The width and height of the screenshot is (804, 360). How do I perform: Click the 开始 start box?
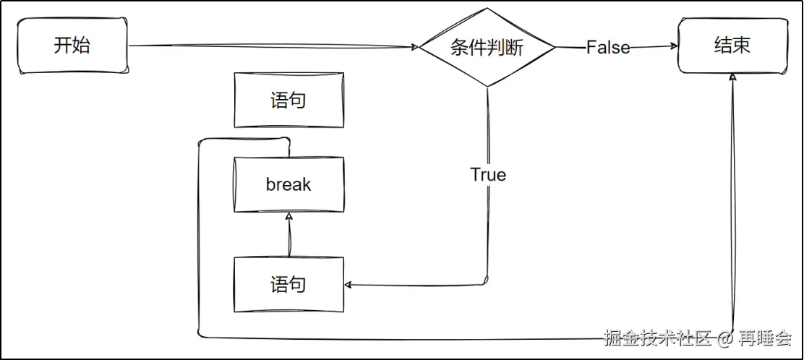72,46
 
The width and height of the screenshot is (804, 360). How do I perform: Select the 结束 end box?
732,46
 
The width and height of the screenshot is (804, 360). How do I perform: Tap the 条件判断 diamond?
487,48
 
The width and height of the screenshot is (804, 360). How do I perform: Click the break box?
288,185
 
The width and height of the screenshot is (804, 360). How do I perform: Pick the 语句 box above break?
288,100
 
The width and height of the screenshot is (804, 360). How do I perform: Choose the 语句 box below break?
288,285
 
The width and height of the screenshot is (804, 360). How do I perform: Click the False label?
607,48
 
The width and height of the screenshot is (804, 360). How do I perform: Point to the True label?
488,175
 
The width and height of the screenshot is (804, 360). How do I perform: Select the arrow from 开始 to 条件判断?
275,47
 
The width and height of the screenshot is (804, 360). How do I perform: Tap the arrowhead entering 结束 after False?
675,46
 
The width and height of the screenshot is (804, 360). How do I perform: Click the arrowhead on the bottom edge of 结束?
733,76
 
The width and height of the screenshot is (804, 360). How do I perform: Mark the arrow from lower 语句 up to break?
289,235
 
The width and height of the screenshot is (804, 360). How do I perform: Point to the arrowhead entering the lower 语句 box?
348,285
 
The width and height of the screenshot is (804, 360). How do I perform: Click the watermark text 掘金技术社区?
657,338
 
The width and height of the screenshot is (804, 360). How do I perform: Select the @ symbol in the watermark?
724,338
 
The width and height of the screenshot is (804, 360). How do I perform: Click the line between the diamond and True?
488,127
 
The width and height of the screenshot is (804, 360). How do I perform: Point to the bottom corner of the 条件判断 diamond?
487,86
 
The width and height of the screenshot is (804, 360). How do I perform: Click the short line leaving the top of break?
289,149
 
